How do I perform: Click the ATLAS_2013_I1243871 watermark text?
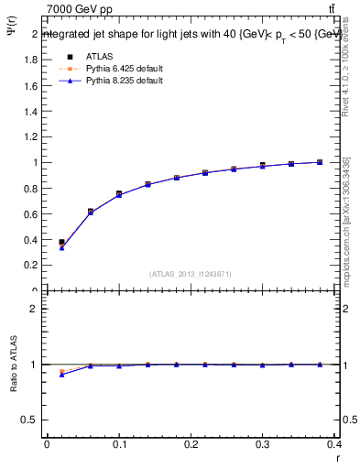point(191,273)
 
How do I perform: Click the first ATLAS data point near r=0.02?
point(61,242)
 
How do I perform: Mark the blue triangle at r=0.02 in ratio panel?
point(61,374)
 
